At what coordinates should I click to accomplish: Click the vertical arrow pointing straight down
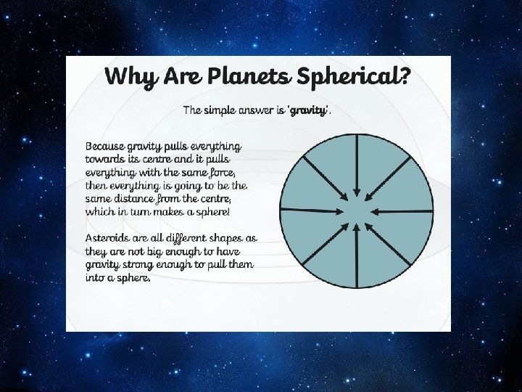(x=356, y=168)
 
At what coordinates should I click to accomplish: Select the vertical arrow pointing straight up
(x=356, y=253)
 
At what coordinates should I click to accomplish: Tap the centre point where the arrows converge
(x=356, y=211)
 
